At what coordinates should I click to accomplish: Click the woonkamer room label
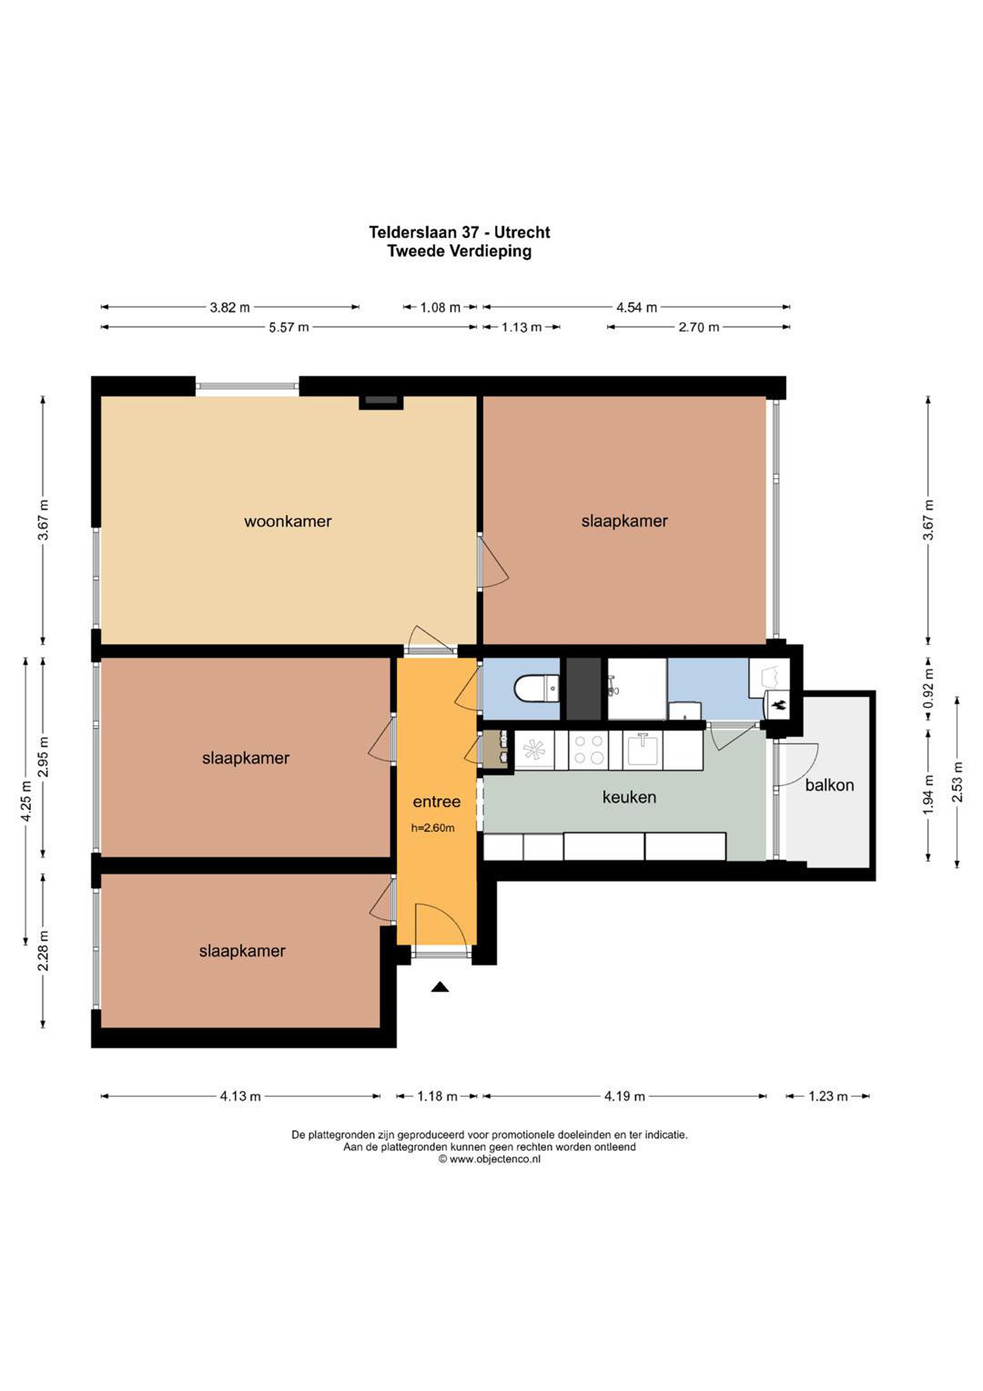tap(288, 522)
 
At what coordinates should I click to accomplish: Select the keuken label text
tap(629, 797)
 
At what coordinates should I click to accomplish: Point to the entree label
tap(436, 802)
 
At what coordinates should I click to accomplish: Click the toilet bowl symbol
tap(536, 689)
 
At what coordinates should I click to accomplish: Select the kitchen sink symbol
tap(643, 750)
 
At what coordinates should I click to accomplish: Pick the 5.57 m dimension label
tap(289, 328)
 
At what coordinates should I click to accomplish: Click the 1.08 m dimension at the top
tap(440, 308)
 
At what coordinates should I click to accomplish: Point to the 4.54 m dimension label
tap(636, 308)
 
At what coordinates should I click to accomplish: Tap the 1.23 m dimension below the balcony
tap(828, 1096)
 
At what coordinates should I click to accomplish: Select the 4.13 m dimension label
tap(240, 1096)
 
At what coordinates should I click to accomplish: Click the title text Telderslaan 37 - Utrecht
tap(460, 232)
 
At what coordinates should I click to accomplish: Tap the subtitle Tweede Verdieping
tap(460, 251)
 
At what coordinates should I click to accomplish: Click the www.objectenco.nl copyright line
tap(490, 1159)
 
